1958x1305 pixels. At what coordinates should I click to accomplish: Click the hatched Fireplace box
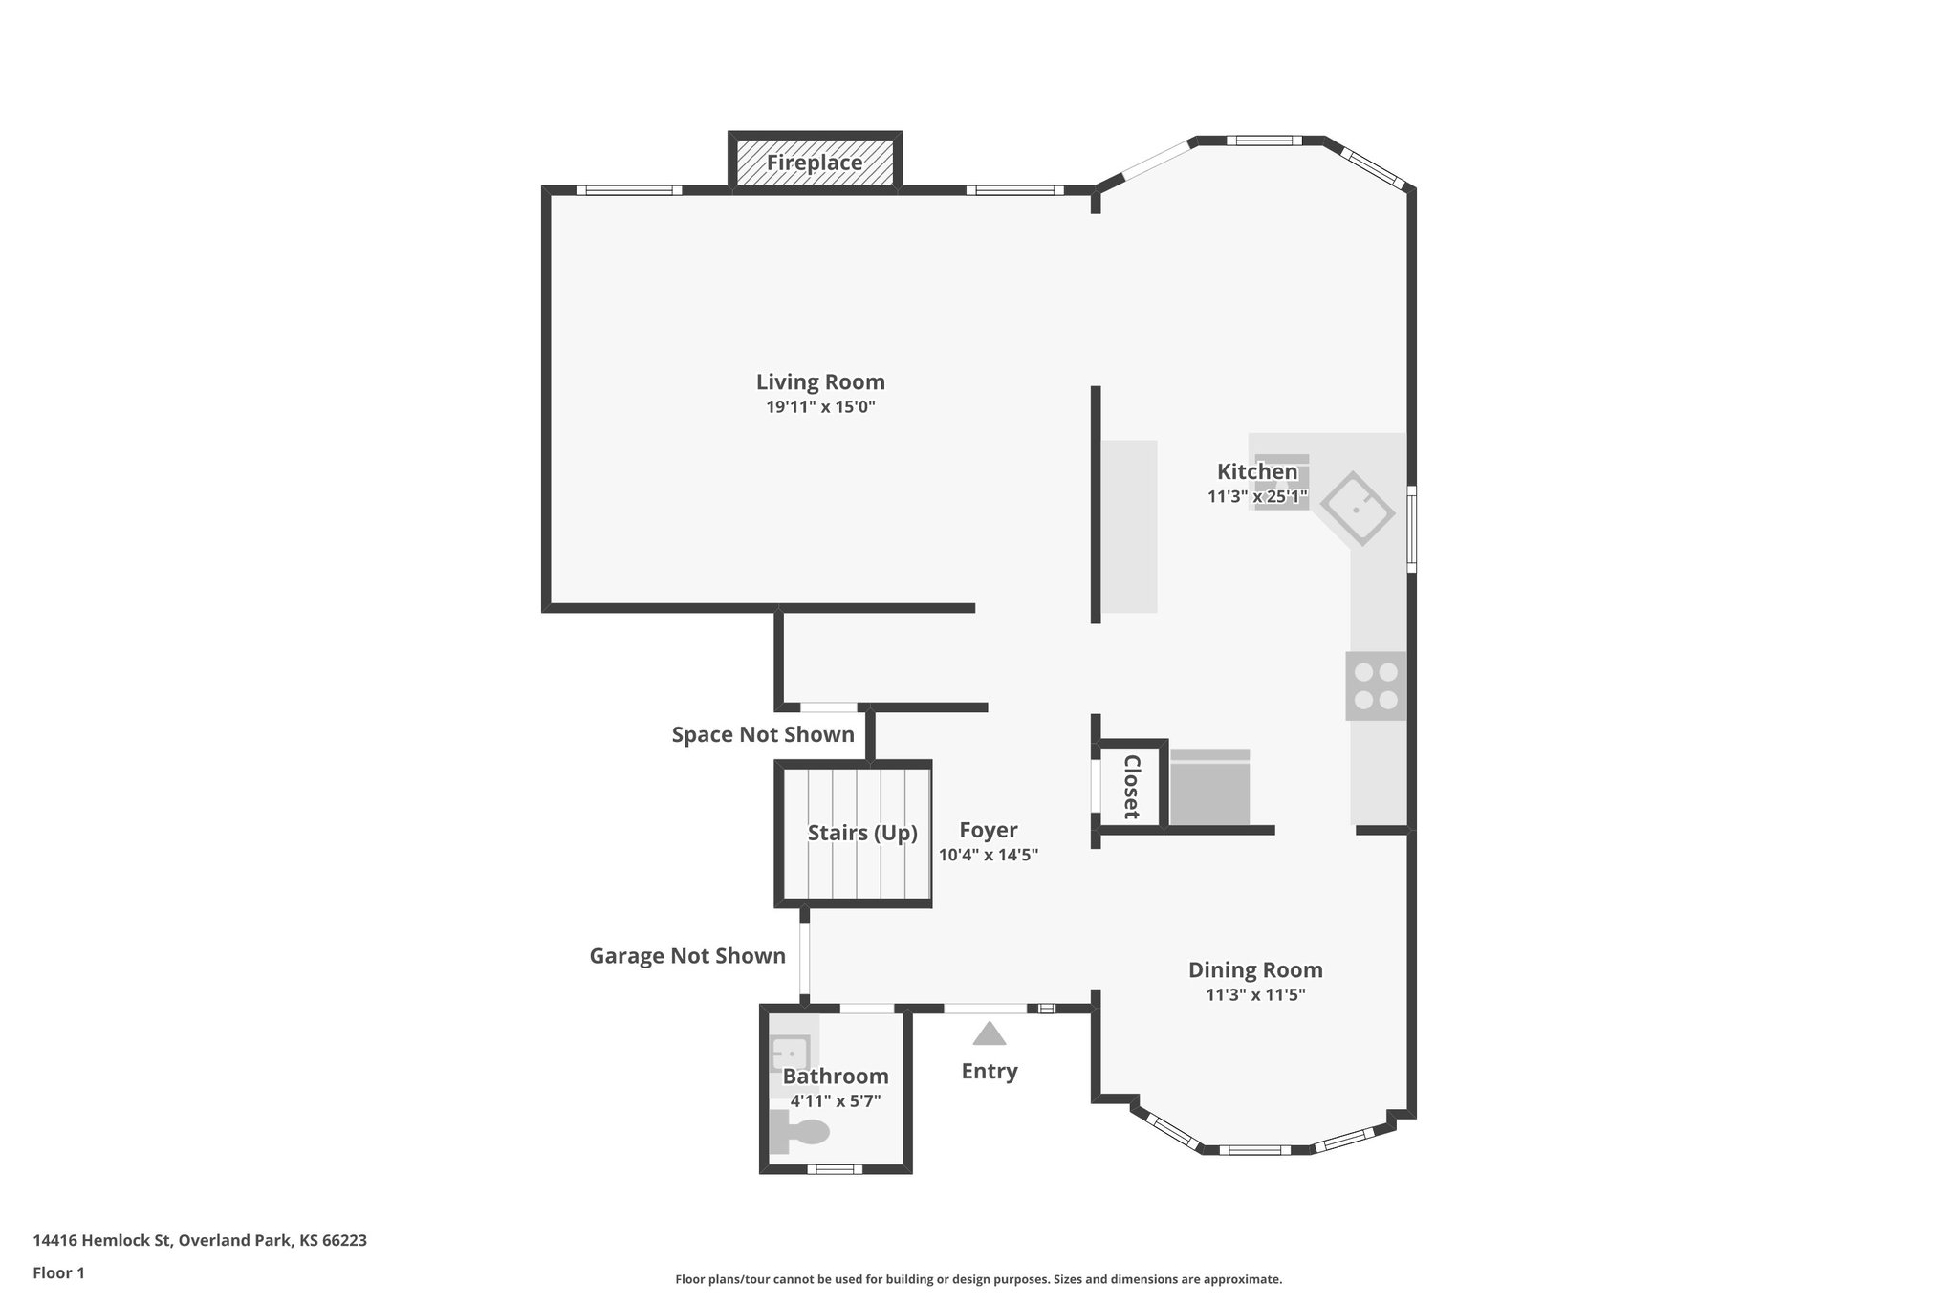(x=815, y=163)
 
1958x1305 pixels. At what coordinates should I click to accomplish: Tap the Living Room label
(x=820, y=382)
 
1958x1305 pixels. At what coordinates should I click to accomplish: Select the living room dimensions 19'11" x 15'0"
(x=820, y=407)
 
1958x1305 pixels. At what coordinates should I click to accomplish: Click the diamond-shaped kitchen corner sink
(x=1358, y=508)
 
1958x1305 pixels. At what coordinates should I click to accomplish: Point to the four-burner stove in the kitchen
(x=1376, y=686)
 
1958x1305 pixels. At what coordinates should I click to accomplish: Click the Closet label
(x=1131, y=787)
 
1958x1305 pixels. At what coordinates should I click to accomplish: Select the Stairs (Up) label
(x=862, y=833)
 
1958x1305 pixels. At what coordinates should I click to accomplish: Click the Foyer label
(x=989, y=830)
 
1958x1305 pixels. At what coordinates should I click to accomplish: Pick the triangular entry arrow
(x=990, y=1034)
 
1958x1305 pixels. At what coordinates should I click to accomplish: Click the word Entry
(x=990, y=1071)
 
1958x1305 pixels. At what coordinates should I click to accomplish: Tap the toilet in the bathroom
(x=801, y=1134)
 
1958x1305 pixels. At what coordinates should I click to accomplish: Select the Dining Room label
(x=1255, y=970)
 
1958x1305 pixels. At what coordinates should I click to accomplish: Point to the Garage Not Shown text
(x=687, y=956)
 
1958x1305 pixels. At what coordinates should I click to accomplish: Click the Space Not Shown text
(x=763, y=735)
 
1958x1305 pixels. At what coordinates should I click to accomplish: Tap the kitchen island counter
(x=1129, y=526)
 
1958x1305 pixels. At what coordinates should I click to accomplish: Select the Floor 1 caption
(x=58, y=1272)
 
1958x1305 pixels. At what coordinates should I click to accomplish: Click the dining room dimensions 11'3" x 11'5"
(x=1255, y=995)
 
